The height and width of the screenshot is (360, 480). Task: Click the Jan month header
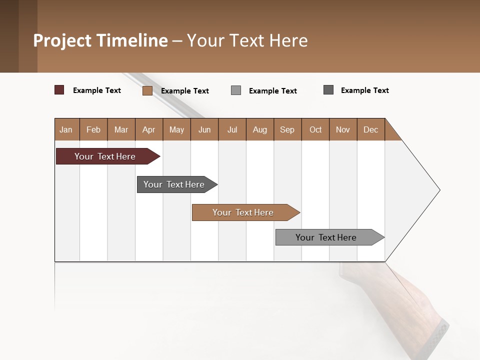66,129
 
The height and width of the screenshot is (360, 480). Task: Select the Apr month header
149,129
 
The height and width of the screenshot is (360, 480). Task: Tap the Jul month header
232,129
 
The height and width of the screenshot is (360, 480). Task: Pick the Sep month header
287,129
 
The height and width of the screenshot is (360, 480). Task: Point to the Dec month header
370,129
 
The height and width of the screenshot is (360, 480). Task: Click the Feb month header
93,129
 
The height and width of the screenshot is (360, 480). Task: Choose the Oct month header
315,129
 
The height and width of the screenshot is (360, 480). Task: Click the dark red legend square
59,90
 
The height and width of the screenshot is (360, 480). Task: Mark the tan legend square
147,90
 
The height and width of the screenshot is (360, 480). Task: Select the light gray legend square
236,90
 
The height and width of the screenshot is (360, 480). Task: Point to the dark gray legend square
328,90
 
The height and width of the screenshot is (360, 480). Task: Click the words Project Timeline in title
100,40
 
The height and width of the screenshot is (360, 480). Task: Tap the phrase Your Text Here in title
247,40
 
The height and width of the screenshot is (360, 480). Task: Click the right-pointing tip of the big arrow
438,190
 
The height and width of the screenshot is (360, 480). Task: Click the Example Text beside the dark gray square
364,90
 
